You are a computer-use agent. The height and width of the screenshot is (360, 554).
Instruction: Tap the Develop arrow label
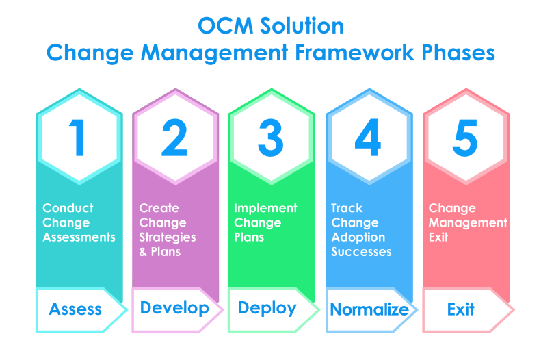pos(174,309)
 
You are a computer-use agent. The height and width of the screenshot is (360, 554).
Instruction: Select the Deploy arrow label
pos(267,309)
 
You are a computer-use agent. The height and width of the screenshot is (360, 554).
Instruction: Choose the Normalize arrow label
pos(369,309)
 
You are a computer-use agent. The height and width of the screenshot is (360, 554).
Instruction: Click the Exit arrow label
pos(461,309)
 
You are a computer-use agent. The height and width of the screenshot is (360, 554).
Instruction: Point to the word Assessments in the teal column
pos(79,237)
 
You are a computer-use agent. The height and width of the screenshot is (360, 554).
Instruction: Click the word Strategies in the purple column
pos(168,237)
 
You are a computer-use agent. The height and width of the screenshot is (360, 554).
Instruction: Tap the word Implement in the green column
pos(266,208)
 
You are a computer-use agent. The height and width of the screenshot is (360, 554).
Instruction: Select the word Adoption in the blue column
pos(358,237)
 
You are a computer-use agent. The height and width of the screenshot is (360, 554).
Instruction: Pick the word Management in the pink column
pos(469,223)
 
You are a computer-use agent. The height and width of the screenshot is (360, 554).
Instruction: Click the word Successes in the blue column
pos(362,252)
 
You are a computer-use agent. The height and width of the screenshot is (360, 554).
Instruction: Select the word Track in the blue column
pos(347,208)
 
